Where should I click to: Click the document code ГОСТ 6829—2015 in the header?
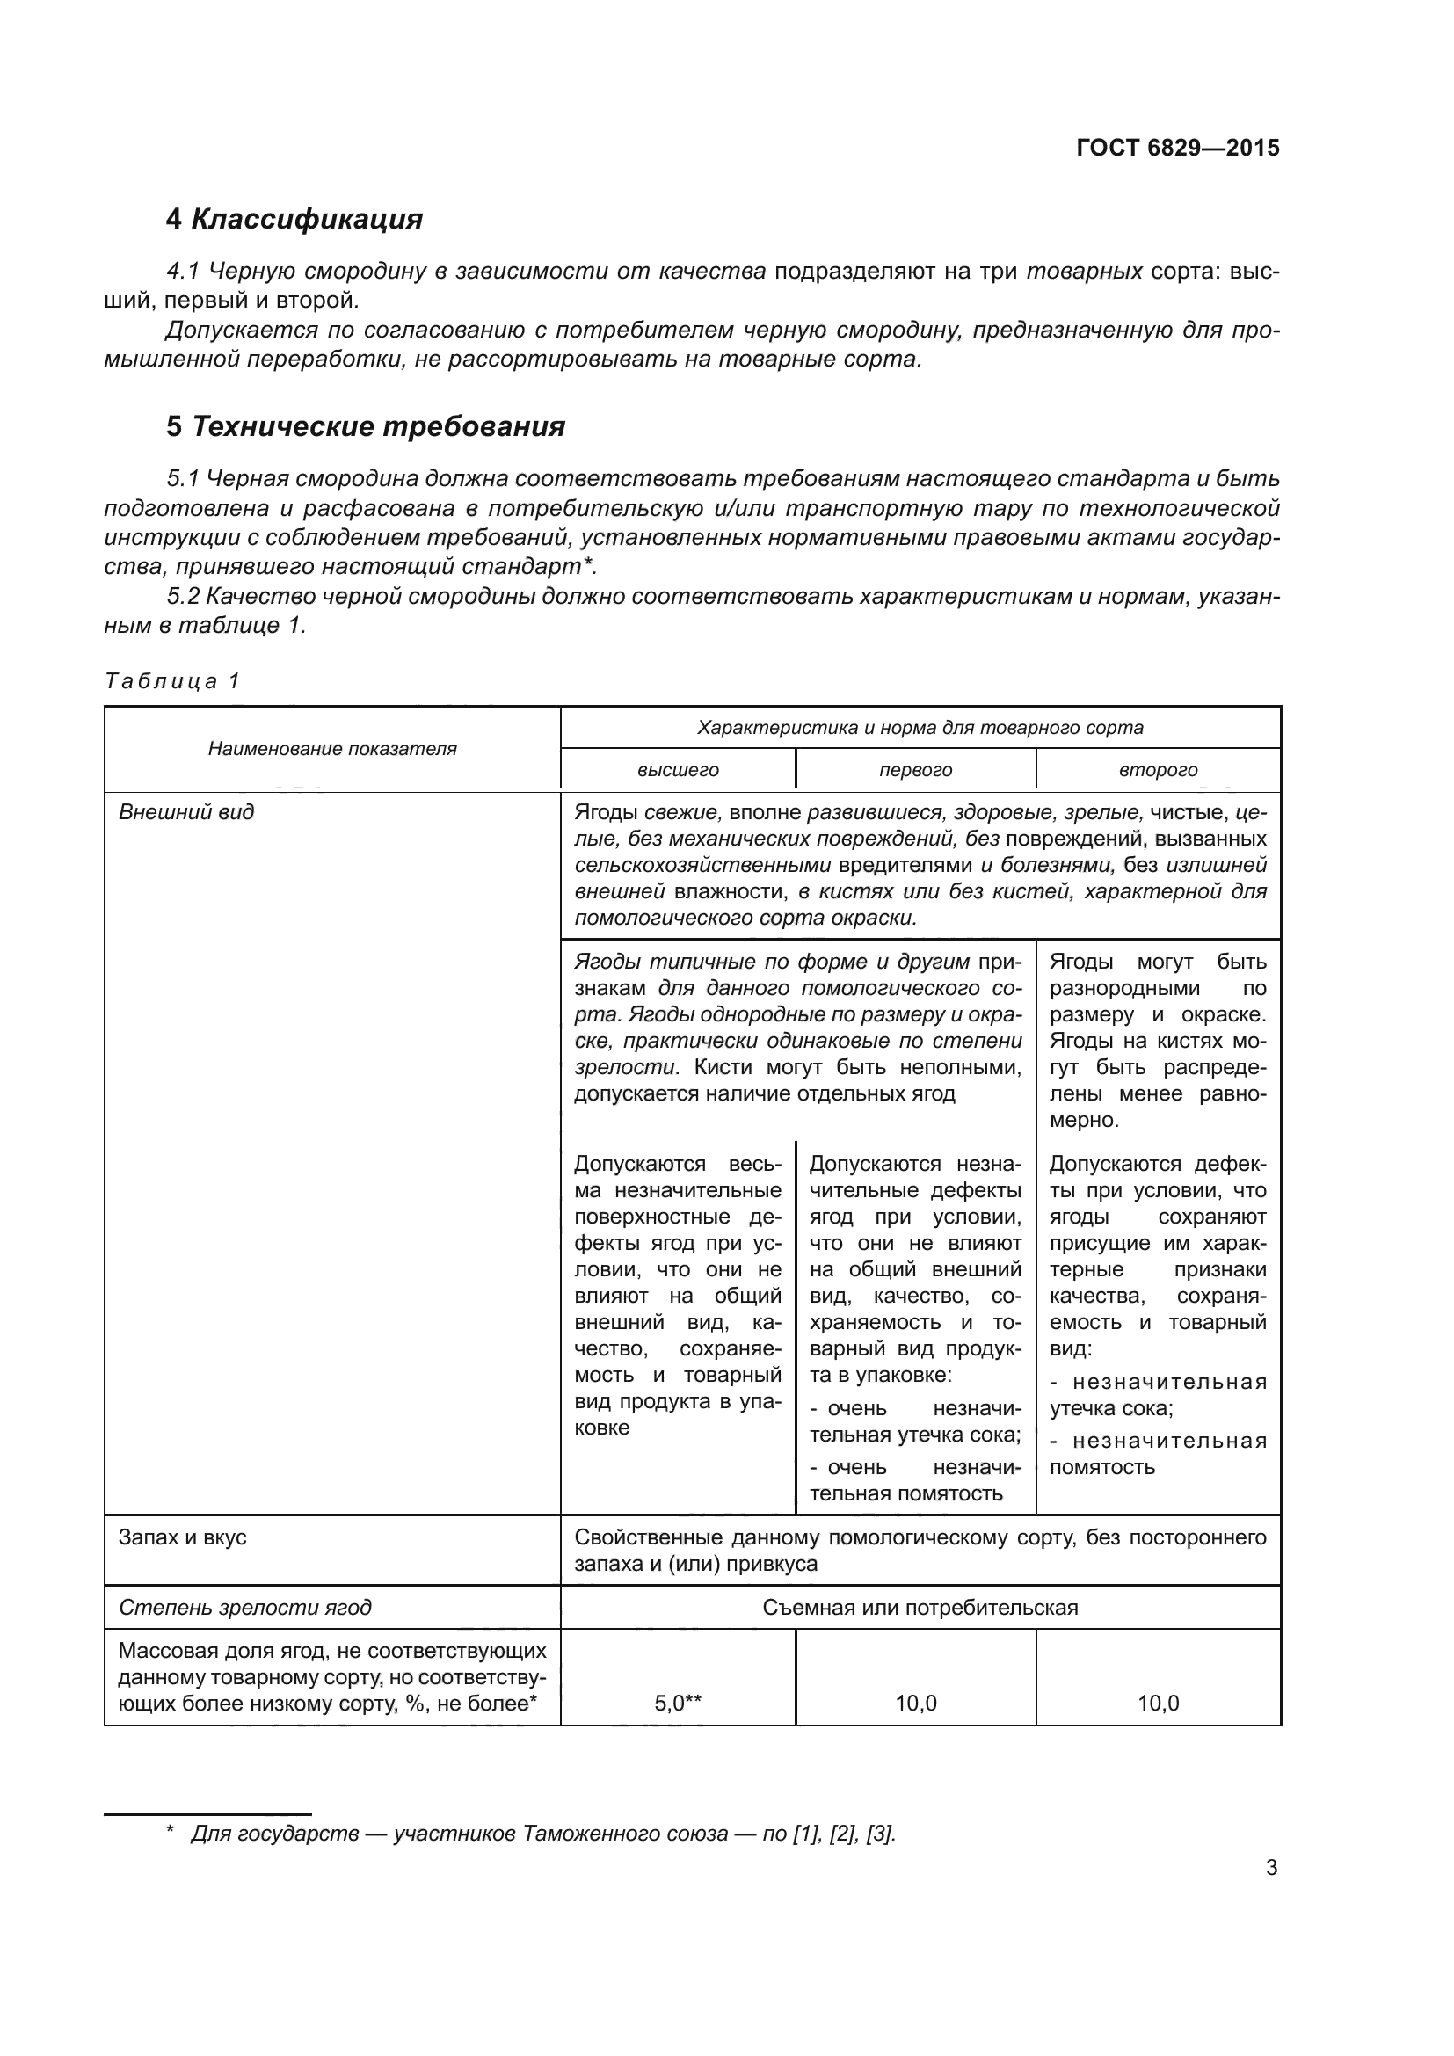pyautogui.click(x=1177, y=148)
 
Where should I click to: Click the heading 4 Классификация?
pyautogui.click(x=294, y=220)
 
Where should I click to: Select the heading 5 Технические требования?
pyautogui.click(x=366, y=427)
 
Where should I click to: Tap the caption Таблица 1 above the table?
pyautogui.click(x=172, y=681)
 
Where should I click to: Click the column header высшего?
pyautogui.click(x=678, y=770)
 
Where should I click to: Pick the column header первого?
pyautogui.click(x=915, y=770)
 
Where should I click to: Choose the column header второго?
pyautogui.click(x=1158, y=770)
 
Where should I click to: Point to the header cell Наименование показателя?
pyautogui.click(x=332, y=749)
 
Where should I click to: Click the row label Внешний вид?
pyautogui.click(x=186, y=812)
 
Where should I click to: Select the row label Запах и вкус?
pyautogui.click(x=183, y=1537)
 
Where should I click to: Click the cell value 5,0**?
pyautogui.click(x=678, y=1704)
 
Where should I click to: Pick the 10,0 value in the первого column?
pyautogui.click(x=915, y=1704)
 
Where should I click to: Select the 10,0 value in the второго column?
pyautogui.click(x=1158, y=1704)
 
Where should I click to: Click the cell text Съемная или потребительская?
pyautogui.click(x=920, y=1608)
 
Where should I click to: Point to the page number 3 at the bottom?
pyautogui.click(x=1271, y=1861)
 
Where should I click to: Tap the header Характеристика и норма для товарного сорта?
pyautogui.click(x=920, y=728)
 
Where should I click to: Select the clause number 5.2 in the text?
pyautogui.click(x=183, y=597)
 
